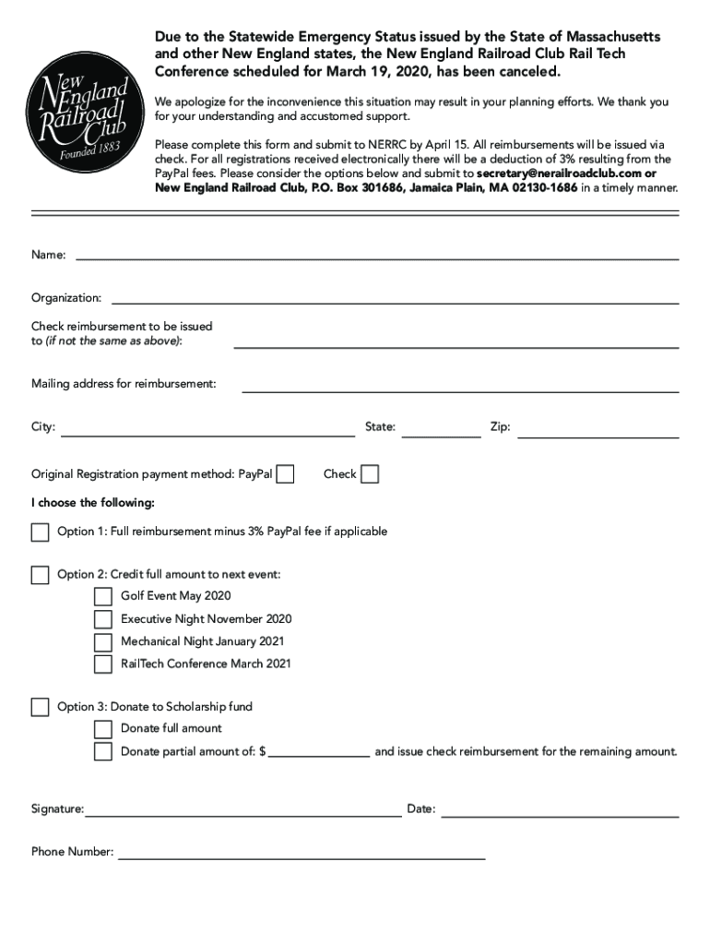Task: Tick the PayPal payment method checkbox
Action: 286,474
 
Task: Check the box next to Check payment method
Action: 369,474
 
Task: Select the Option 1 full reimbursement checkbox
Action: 40,532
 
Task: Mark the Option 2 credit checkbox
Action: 40,575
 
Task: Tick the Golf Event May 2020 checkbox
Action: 102,596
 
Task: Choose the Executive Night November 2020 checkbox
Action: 102,619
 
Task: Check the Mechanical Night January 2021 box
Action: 102,641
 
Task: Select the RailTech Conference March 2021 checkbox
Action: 102,664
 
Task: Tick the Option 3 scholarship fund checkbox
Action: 40,707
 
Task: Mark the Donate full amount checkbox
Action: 102,729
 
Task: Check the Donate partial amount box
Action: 102,751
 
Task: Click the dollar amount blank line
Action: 319,754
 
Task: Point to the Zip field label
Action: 500,427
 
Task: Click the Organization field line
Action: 395,302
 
